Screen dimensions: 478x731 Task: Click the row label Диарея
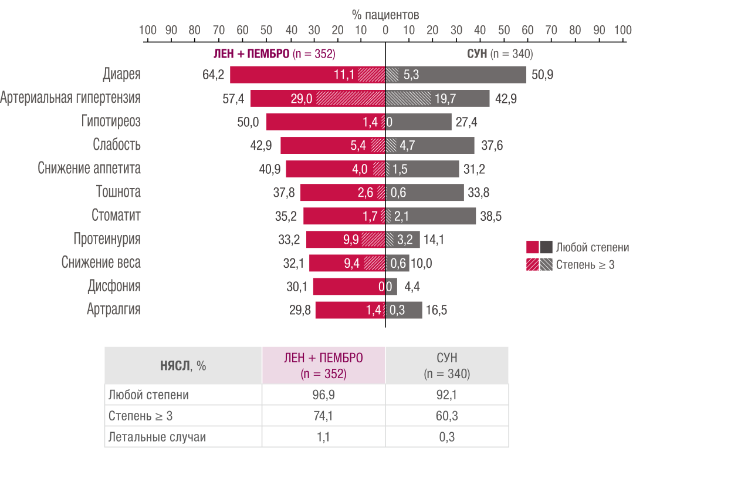pos(121,75)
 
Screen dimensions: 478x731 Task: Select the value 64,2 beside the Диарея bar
pos(214,75)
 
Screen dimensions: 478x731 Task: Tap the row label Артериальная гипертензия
pos(70,98)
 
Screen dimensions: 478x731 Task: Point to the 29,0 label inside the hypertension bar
pos(302,99)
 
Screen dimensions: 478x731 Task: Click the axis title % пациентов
pos(385,15)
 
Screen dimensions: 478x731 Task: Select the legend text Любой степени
pos(593,248)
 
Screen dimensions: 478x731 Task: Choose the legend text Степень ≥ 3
pos(585,265)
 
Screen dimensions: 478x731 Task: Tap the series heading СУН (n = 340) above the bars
pos(499,54)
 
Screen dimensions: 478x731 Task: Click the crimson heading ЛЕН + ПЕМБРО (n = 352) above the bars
pos(274,54)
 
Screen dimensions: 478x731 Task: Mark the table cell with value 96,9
pos(323,395)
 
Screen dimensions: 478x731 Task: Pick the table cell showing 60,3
pos(447,416)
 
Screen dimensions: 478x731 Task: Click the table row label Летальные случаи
pos(157,437)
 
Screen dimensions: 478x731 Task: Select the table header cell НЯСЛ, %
pos(183,366)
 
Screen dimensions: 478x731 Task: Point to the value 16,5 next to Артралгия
pos(436,310)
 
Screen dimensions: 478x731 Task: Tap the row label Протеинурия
pos(107,239)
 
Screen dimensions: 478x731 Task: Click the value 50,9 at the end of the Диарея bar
pos(542,75)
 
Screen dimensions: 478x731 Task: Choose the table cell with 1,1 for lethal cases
pos(323,437)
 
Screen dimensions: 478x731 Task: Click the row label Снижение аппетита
pos(89,169)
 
